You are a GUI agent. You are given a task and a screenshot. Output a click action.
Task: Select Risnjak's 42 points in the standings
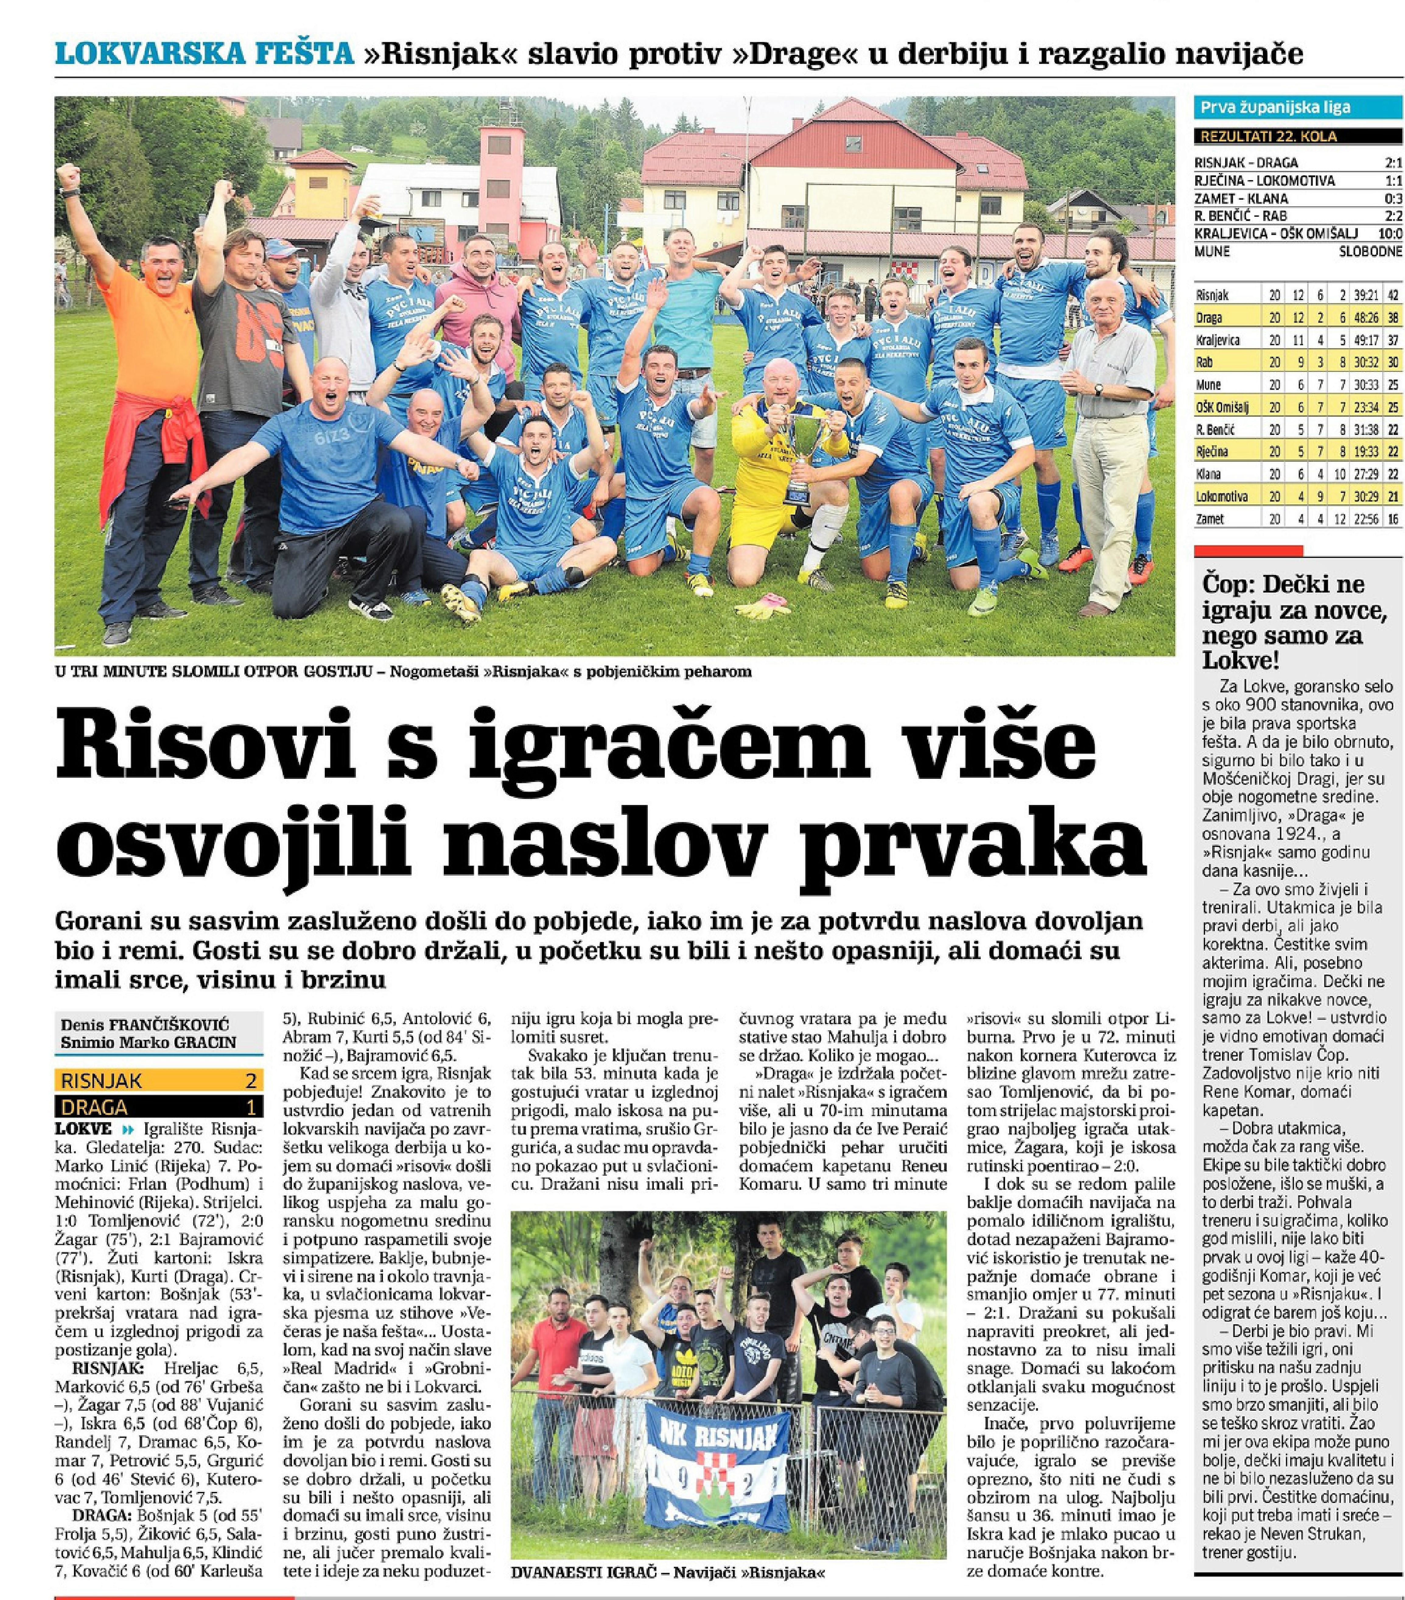1392,295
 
